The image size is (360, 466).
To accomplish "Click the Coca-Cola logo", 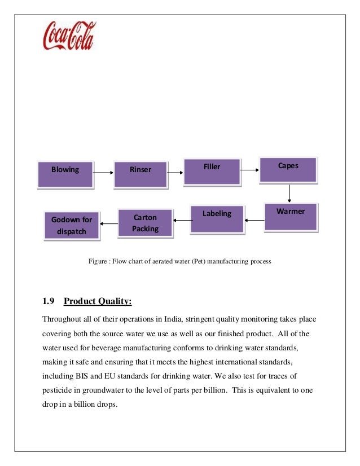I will (69, 36).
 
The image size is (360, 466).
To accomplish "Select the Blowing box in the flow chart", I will (65, 173).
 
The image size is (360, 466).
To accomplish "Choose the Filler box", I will (212, 170).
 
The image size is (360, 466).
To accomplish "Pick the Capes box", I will (288, 169).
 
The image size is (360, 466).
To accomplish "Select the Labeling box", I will (217, 218).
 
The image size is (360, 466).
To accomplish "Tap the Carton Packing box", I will (145, 223).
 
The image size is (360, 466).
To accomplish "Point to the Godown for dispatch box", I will (72, 225).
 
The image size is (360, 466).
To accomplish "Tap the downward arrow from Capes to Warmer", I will (289, 193).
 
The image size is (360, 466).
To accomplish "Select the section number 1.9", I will (50, 301).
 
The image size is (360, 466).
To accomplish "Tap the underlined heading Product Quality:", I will (98, 301).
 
